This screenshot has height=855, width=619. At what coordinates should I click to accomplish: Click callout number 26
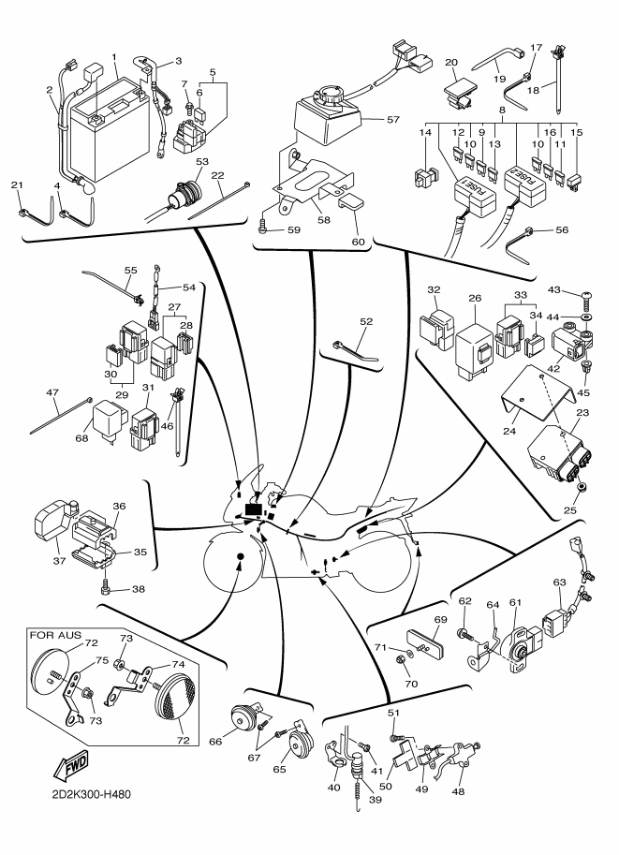click(475, 300)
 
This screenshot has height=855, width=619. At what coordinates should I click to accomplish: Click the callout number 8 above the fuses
click(502, 111)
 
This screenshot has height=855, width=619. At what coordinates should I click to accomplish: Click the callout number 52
click(366, 321)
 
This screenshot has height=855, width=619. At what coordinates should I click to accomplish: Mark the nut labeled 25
click(582, 489)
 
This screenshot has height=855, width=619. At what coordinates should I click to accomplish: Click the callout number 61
click(513, 602)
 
